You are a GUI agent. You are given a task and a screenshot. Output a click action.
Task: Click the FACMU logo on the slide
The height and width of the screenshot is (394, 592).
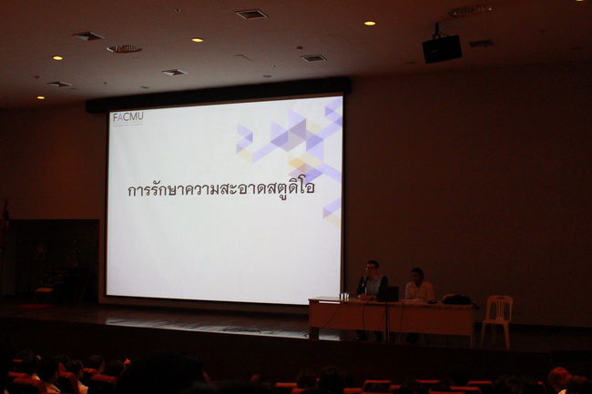(x=128, y=117)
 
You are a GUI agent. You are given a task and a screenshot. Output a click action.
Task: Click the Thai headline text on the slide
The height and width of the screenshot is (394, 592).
(x=221, y=188)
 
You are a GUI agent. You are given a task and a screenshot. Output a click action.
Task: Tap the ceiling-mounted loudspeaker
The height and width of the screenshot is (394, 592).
(x=442, y=48)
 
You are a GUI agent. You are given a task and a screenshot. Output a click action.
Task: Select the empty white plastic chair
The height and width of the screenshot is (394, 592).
(x=497, y=320)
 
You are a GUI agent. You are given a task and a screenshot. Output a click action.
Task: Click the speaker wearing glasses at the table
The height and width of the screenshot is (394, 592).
(x=372, y=281)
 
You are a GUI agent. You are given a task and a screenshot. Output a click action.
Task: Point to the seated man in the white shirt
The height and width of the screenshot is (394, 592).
(x=419, y=285)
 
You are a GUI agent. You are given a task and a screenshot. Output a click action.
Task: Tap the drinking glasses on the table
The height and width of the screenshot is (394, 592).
(x=343, y=297)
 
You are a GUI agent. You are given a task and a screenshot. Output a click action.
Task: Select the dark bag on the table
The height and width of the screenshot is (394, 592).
(x=457, y=299)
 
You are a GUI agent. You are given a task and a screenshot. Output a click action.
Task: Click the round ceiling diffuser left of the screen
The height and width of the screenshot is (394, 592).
(x=124, y=49)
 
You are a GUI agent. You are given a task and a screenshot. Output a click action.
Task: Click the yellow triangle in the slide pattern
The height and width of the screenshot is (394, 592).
(x=297, y=164)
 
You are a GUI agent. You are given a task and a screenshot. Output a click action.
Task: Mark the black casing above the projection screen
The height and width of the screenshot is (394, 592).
(x=219, y=94)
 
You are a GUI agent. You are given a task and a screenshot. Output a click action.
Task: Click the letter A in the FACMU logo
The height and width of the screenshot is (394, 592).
(x=120, y=117)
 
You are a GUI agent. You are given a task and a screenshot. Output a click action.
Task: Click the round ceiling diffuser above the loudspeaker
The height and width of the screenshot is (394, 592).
(x=471, y=10)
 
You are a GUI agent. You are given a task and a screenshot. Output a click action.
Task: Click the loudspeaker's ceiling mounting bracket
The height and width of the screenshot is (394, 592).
(x=437, y=30)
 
